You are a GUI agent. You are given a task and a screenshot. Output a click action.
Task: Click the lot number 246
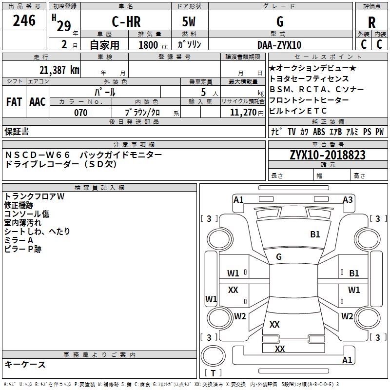tap(24, 21)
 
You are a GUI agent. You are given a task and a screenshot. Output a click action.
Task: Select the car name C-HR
tap(126, 22)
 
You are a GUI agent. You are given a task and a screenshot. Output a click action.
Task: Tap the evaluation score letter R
tap(371, 22)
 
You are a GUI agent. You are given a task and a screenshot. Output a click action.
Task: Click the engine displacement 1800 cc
tap(152, 45)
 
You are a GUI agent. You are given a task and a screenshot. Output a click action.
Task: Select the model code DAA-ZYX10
tap(279, 45)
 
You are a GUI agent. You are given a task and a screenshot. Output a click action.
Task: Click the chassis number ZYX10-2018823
tap(327, 156)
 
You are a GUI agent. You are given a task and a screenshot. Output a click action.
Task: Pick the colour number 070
tap(81, 113)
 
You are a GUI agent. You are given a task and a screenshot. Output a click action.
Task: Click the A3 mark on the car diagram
tap(348, 199)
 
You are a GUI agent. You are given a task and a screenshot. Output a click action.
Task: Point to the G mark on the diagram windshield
tap(279, 257)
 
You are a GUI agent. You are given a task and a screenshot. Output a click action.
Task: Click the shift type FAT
tap(14, 102)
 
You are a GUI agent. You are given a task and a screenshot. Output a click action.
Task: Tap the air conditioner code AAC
tap(38, 102)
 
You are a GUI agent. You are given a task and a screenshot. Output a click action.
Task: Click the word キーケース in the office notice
tap(25, 364)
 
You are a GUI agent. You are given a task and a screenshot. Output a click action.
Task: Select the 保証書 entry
tap(17, 131)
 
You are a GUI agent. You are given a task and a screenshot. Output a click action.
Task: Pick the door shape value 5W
tap(190, 22)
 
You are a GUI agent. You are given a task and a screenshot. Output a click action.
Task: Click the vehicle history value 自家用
tap(104, 45)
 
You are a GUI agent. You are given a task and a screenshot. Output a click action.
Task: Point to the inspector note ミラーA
tap(19, 240)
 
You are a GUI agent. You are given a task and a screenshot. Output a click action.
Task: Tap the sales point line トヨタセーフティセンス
tap(309, 78)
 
